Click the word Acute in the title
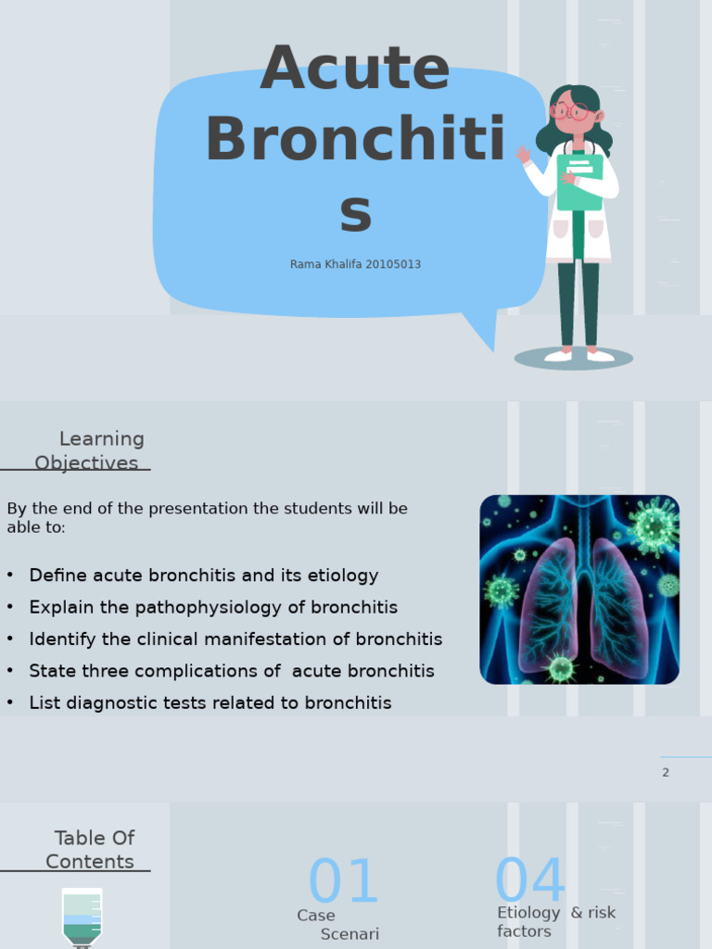[x=355, y=70]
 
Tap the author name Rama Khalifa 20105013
[x=355, y=264]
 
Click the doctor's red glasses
[x=571, y=112]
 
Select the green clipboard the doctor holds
[x=580, y=182]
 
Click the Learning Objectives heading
[x=89, y=450]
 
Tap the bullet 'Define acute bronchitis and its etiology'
[x=204, y=576]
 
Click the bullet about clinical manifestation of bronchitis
[x=235, y=639]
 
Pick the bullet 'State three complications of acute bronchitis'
[x=232, y=671]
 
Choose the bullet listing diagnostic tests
[x=210, y=703]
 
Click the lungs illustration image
[x=579, y=589]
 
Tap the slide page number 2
[x=666, y=773]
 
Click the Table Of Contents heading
[x=91, y=850]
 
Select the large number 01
[x=343, y=882]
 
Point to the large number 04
[x=530, y=880]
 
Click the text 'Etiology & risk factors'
[x=555, y=922]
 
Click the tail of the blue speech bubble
[x=484, y=332]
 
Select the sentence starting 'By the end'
[x=207, y=518]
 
